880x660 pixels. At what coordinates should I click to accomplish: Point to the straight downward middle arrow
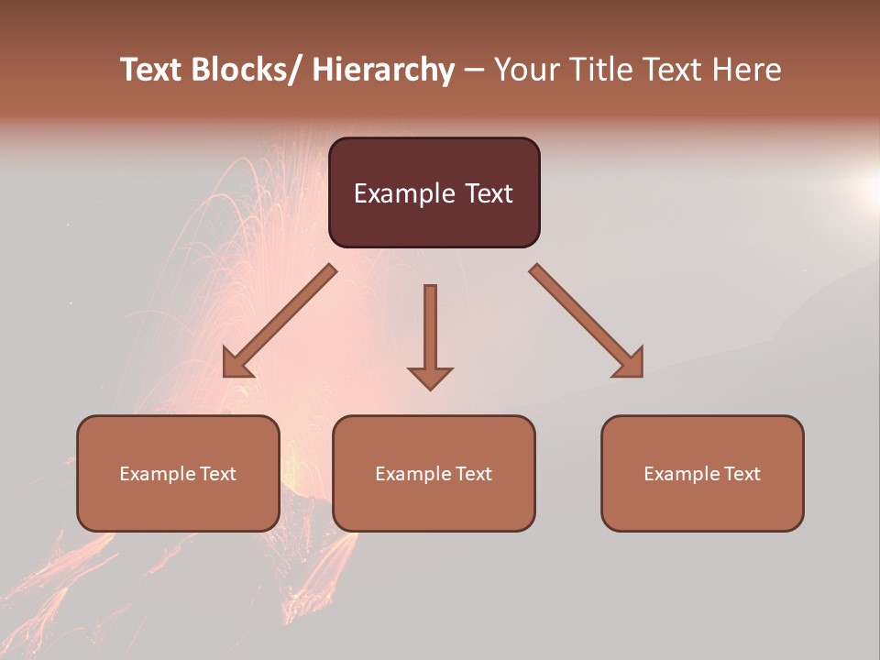430,330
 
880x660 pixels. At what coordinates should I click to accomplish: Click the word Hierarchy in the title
383,71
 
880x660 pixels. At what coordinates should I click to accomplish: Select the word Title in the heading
604,71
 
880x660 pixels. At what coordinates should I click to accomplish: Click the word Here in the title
746,71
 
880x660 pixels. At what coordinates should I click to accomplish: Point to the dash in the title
474,71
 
